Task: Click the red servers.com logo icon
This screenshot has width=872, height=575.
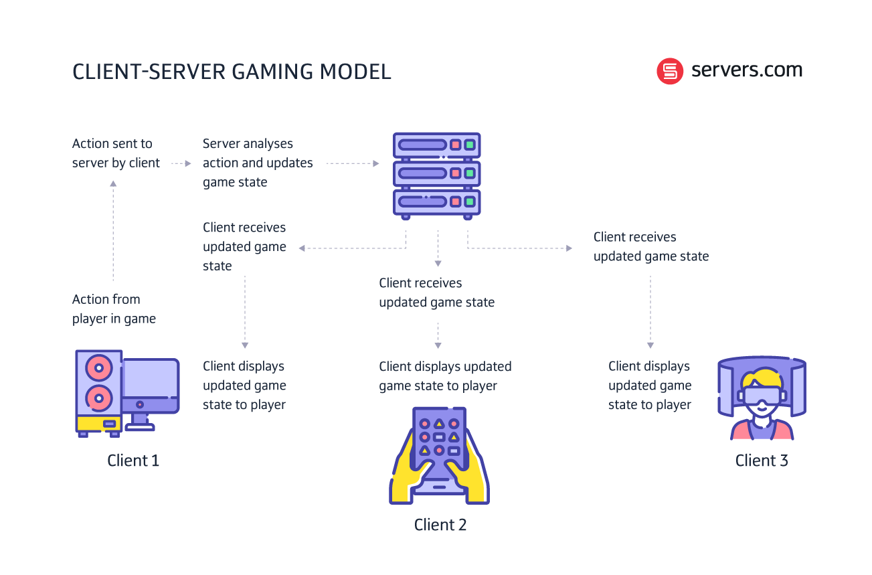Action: coord(670,71)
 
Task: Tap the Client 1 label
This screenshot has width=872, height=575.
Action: coord(133,461)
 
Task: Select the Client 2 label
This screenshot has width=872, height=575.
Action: coord(440,525)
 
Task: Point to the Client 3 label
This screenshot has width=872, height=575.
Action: coord(762,461)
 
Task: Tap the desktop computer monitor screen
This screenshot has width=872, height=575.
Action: coord(150,382)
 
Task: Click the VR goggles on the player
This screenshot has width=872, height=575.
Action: coord(762,394)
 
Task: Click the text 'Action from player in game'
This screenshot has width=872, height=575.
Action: coord(114,309)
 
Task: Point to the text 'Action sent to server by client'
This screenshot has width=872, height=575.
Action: coord(116,153)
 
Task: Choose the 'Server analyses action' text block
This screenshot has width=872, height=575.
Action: coord(258,163)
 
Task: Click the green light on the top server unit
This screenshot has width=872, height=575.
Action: coord(470,145)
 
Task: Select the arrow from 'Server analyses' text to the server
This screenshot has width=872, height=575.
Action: coord(352,163)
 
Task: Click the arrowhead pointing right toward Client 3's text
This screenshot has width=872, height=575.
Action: coord(569,248)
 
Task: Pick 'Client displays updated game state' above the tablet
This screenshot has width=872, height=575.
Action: coord(445,376)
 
